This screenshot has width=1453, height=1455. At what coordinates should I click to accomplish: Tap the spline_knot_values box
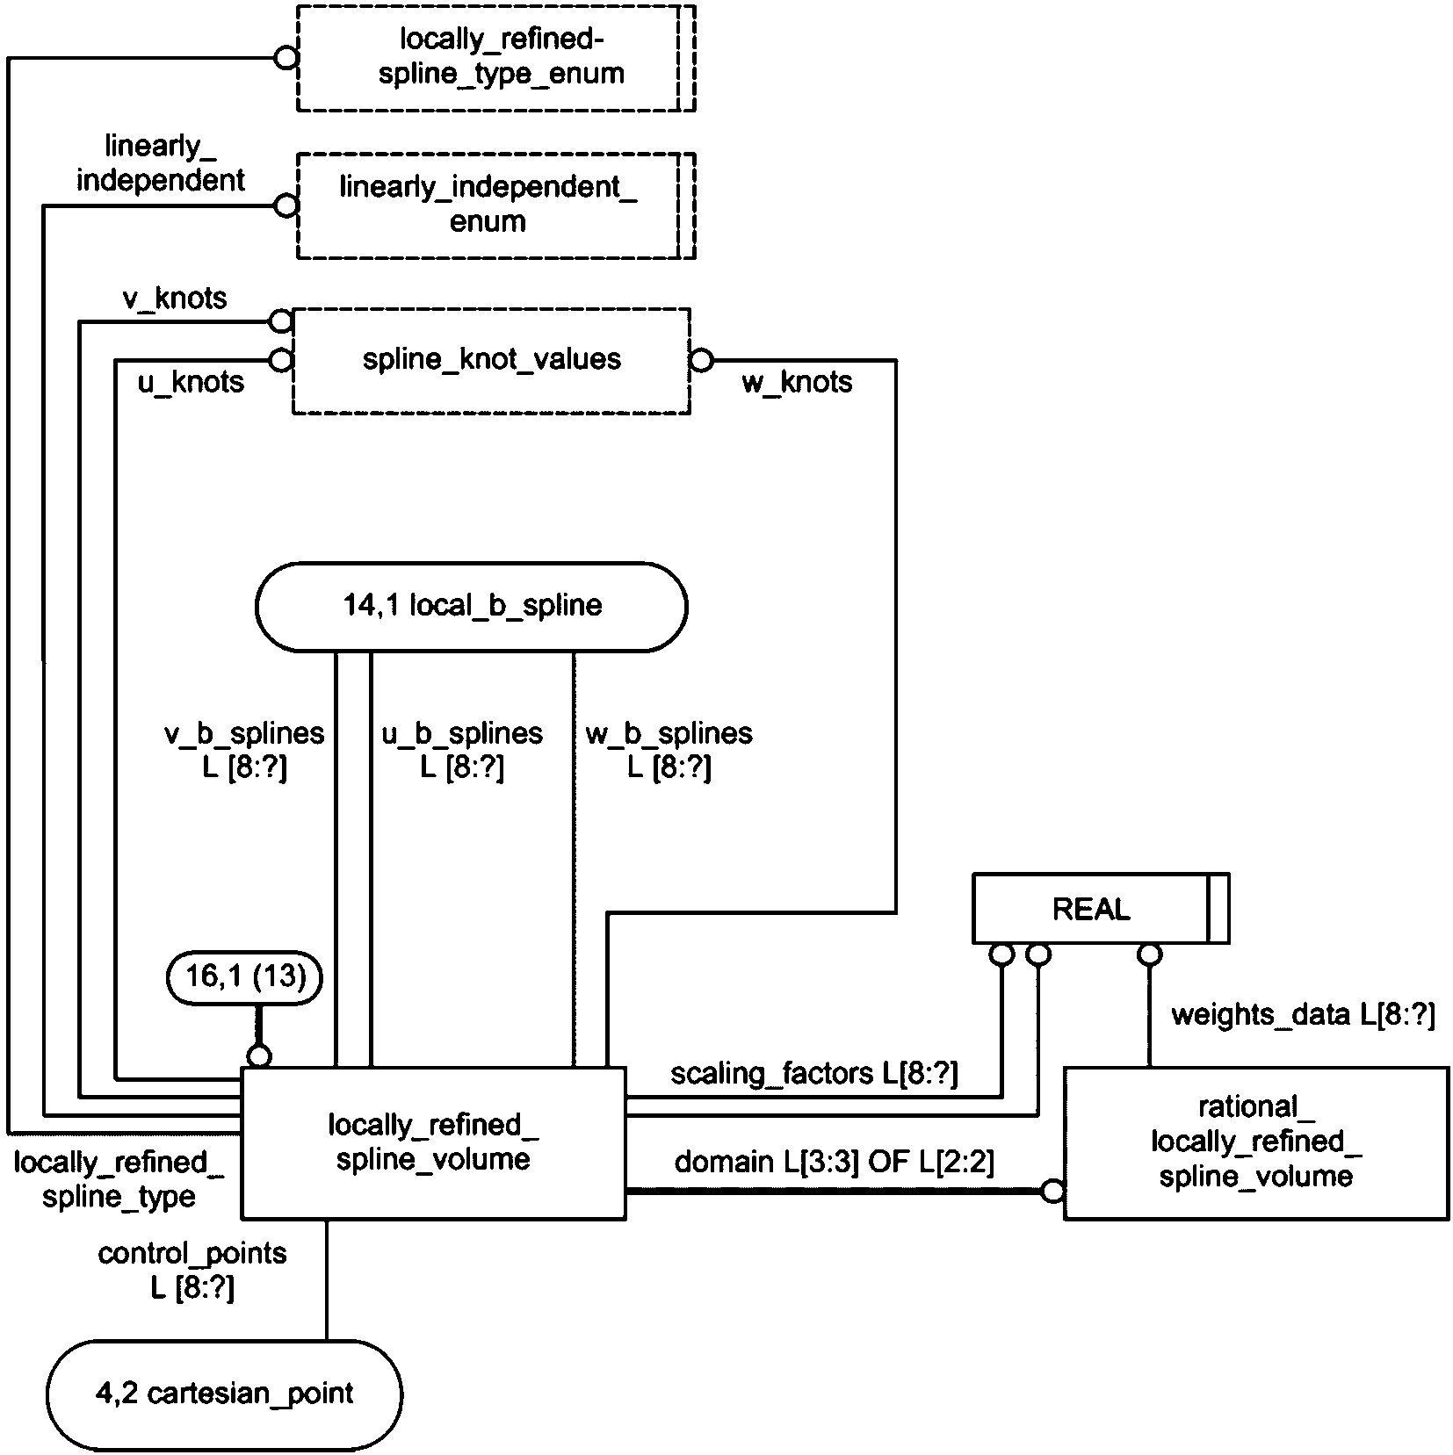(x=491, y=360)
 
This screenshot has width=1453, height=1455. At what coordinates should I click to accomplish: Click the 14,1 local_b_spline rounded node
(x=472, y=606)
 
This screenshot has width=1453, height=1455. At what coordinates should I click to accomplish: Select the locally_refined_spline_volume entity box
(x=433, y=1142)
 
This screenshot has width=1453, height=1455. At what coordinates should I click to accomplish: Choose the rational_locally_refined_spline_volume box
(x=1255, y=1142)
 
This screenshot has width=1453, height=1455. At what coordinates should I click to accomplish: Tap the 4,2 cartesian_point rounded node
(x=224, y=1394)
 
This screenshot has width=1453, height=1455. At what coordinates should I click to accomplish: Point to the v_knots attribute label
(x=174, y=299)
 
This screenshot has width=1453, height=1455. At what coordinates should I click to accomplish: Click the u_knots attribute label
(x=191, y=383)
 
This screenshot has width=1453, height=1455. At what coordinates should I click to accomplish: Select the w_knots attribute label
(x=797, y=383)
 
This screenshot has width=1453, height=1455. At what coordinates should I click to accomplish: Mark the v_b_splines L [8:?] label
(x=244, y=751)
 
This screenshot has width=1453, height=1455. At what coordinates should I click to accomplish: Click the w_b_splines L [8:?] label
(x=669, y=751)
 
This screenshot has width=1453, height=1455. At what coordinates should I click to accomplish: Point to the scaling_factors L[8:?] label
(x=814, y=1074)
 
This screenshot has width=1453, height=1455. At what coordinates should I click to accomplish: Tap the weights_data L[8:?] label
(x=1303, y=1015)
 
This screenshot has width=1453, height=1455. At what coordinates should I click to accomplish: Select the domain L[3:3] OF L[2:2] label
(x=834, y=1163)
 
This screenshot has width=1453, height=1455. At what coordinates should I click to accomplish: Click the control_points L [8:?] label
(x=192, y=1271)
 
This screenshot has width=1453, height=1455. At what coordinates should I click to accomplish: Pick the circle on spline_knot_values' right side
(x=701, y=360)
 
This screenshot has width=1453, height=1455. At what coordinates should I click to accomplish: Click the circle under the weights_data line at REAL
(x=1149, y=954)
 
